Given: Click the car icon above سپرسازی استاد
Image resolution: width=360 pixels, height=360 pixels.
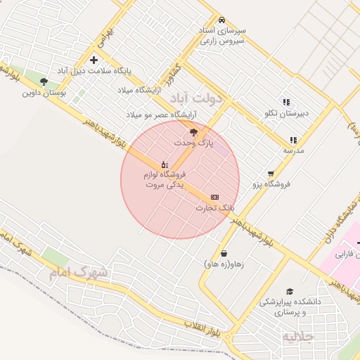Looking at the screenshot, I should pyautogui.click(x=221, y=20).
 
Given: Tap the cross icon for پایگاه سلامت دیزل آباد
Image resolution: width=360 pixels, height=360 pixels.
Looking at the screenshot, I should pyautogui.click(x=94, y=60).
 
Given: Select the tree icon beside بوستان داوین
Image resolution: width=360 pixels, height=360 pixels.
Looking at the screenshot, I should pyautogui.click(x=44, y=82).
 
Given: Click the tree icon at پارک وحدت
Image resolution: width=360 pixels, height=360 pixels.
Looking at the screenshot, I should pyautogui.click(x=193, y=131).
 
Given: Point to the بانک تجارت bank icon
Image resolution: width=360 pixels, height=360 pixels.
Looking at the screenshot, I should pyautogui.click(x=214, y=197).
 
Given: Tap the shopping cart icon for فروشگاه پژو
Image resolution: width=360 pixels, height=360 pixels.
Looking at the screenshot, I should pyautogui.click(x=271, y=174).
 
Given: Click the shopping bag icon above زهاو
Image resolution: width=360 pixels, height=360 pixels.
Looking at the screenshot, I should pyautogui.click(x=224, y=253).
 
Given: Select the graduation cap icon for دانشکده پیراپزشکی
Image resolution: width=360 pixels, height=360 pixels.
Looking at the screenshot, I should pyautogui.click(x=289, y=291).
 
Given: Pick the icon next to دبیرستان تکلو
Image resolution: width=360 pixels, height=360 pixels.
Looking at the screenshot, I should pyautogui.click(x=286, y=102).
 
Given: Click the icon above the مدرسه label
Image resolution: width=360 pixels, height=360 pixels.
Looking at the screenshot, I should pyautogui.click(x=292, y=140).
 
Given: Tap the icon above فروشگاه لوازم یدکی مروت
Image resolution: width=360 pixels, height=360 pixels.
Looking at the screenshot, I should pyautogui.click(x=165, y=164).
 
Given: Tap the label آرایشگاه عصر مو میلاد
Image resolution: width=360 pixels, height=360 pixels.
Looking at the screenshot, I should pyautogui.click(x=161, y=114).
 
